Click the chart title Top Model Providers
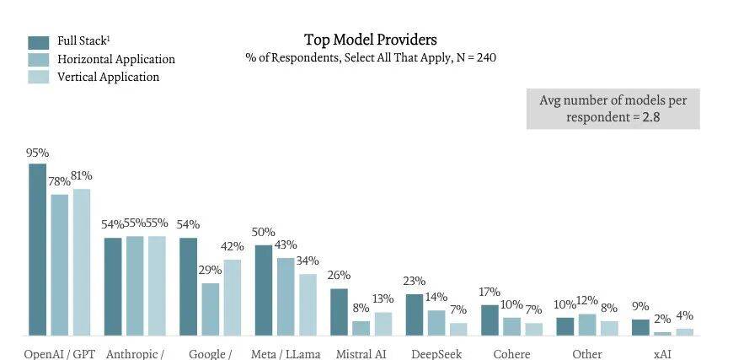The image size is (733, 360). pyautogui.click(x=371, y=40)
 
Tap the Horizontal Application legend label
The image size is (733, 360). pyautogui.click(x=116, y=59)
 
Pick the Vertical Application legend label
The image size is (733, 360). pyautogui.click(x=108, y=77)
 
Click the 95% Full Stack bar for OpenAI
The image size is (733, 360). pyautogui.click(x=38, y=250)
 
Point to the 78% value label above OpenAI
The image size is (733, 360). pyautogui.click(x=59, y=182)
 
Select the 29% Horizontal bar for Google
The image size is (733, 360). pyautogui.click(x=210, y=309)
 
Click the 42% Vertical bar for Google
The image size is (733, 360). pyautogui.click(x=232, y=298)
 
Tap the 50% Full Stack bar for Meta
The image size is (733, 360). pyautogui.click(x=264, y=290)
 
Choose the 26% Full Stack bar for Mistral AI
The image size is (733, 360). pyautogui.click(x=339, y=312)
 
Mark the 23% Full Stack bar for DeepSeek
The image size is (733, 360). pyautogui.click(x=415, y=314)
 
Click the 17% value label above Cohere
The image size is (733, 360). pyautogui.click(x=489, y=293)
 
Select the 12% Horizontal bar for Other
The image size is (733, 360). pyautogui.click(x=587, y=325)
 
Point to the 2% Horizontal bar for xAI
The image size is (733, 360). pyautogui.click(x=663, y=333)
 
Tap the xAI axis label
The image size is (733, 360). pyautogui.click(x=663, y=354)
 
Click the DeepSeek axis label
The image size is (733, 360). pyautogui.click(x=436, y=354)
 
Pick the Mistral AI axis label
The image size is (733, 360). pyautogui.click(x=361, y=354)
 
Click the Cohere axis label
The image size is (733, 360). pyautogui.click(x=511, y=354)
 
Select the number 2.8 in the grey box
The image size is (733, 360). pyautogui.click(x=650, y=116)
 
